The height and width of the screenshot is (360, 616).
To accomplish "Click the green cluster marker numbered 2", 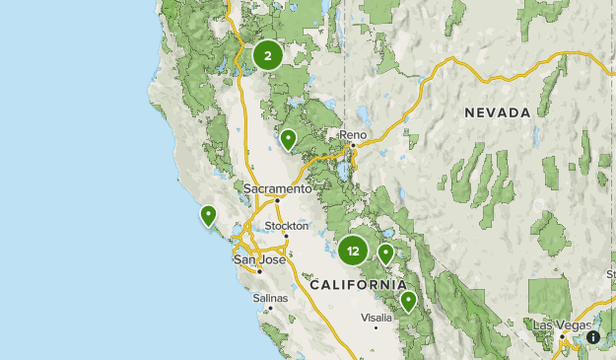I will click(x=267, y=56).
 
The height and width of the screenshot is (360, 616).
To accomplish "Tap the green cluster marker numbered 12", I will click(x=353, y=251).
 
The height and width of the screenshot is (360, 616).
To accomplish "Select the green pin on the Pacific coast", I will click(x=208, y=214).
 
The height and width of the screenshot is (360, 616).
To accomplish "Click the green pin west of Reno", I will click(x=288, y=139).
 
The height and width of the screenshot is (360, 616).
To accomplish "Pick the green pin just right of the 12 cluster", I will click(x=386, y=252).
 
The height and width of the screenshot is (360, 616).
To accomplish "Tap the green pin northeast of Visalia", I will click(x=408, y=301).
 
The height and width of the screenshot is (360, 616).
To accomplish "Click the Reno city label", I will click(x=353, y=134).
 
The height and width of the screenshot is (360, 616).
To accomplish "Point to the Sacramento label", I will click(x=278, y=187).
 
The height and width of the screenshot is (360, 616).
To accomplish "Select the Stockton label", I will click(x=287, y=226).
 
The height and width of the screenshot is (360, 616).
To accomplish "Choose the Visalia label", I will click(x=376, y=317).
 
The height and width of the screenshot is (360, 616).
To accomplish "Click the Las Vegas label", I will click(x=559, y=324).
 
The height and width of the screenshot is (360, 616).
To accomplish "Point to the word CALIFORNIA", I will click(x=356, y=284).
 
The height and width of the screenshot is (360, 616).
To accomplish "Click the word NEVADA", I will click(x=498, y=112).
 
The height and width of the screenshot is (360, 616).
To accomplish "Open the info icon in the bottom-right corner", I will click(x=593, y=336).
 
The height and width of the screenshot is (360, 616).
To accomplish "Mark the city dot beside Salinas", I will click(x=269, y=308).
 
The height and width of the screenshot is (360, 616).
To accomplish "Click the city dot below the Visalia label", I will click(x=376, y=326).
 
